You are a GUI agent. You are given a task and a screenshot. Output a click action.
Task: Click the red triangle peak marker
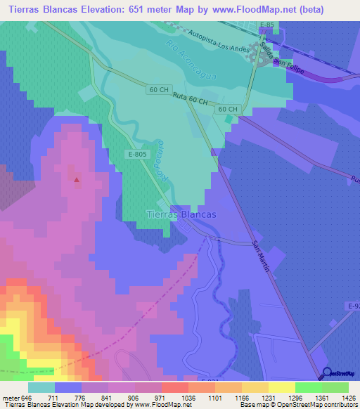coord(77,179)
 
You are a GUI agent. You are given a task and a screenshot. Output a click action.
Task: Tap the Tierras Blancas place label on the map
coord(181,214)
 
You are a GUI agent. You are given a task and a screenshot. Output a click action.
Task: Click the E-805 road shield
coord(138,152)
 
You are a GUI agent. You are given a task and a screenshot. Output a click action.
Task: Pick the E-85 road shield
coord(266,25)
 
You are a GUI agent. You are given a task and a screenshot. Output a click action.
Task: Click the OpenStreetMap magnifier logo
coord(326,375)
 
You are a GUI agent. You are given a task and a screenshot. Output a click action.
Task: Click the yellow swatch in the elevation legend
coord(281,387)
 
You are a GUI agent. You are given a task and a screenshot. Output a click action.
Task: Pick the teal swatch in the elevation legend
coord(41,387)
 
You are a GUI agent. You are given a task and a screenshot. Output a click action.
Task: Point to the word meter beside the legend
coord(11,398)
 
